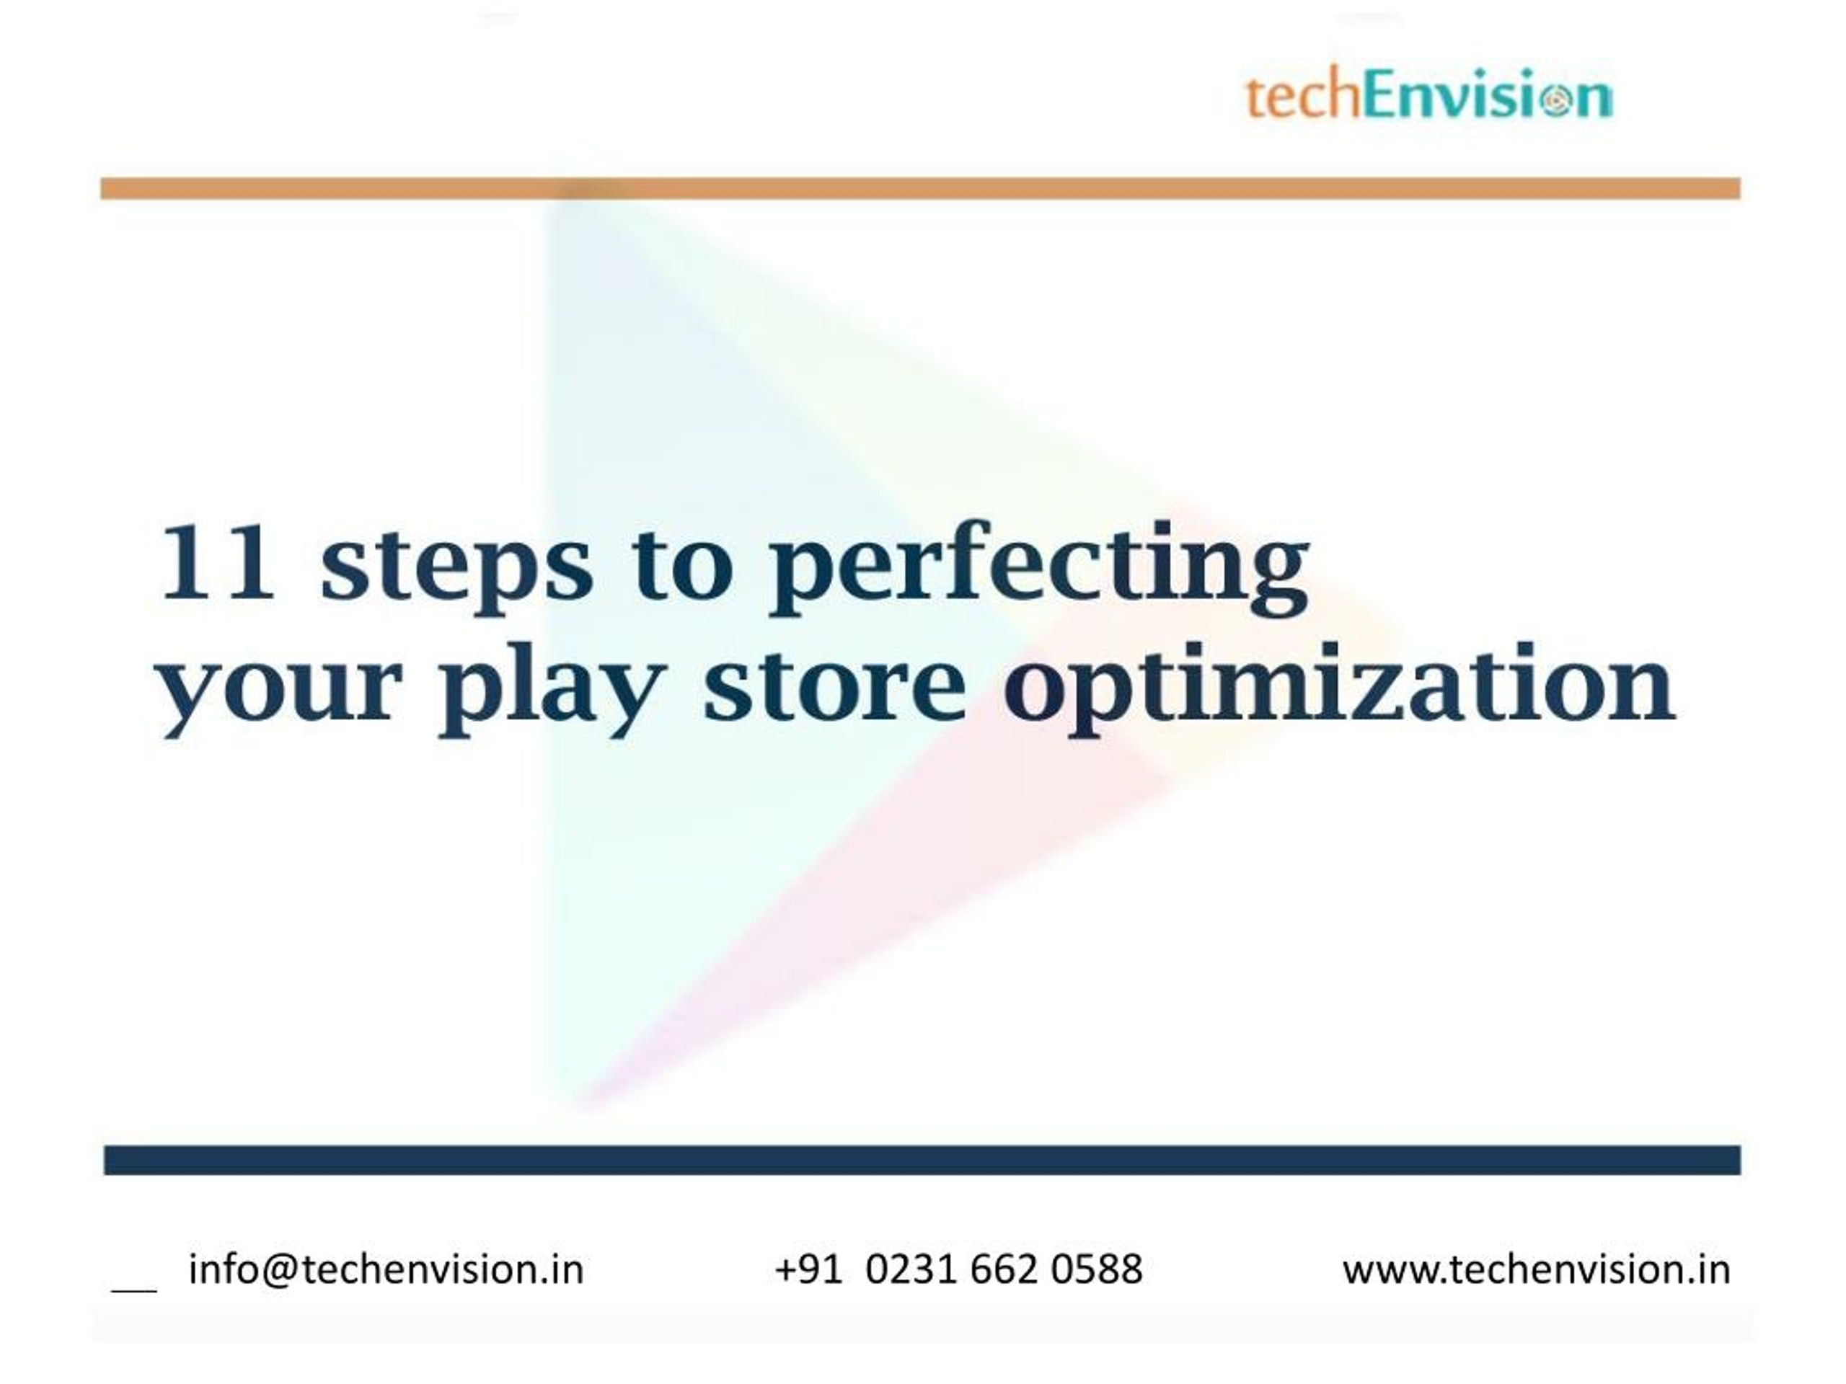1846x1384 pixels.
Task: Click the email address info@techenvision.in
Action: point(386,1269)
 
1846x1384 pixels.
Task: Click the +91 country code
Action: point(808,1269)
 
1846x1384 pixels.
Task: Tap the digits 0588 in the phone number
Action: point(1096,1269)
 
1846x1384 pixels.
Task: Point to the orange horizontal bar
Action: point(921,189)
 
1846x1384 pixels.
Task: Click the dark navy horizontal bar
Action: point(922,1161)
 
